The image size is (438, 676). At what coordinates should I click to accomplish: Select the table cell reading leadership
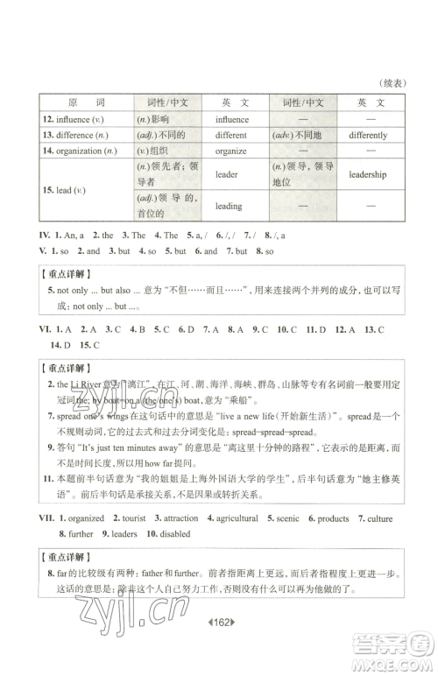368,174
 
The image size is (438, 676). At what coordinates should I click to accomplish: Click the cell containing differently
368,136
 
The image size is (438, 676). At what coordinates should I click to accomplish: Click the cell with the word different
230,136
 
